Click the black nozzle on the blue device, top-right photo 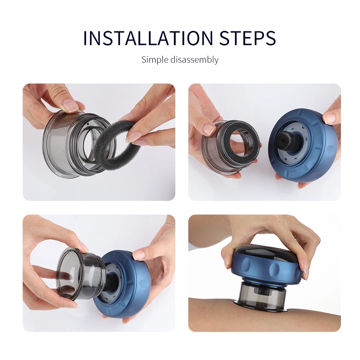coord(288,141)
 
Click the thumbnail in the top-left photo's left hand coord(70,105)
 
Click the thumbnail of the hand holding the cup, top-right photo coord(209,129)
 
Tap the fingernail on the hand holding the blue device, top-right coord(329,118)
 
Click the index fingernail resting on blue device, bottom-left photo coord(139,255)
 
